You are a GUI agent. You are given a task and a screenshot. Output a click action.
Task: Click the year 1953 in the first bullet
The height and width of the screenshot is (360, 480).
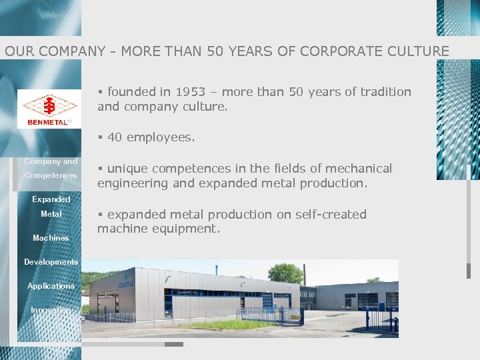(190, 92)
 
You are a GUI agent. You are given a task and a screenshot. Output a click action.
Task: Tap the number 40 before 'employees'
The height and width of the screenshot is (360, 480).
(115, 137)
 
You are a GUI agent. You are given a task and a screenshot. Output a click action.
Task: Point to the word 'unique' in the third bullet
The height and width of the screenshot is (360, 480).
(129, 169)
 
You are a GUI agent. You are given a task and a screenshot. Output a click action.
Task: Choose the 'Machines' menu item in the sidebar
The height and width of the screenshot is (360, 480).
(51, 238)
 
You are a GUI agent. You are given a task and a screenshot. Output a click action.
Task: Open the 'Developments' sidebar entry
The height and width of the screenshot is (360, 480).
(51, 262)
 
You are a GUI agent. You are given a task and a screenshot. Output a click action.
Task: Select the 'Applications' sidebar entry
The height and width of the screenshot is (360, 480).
(51, 286)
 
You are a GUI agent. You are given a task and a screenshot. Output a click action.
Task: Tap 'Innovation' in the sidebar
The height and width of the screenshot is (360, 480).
(51, 310)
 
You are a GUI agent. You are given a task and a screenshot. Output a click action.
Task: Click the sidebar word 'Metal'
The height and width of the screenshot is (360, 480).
(51, 214)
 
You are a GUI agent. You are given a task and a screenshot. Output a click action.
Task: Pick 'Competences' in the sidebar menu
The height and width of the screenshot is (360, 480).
(51, 175)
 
